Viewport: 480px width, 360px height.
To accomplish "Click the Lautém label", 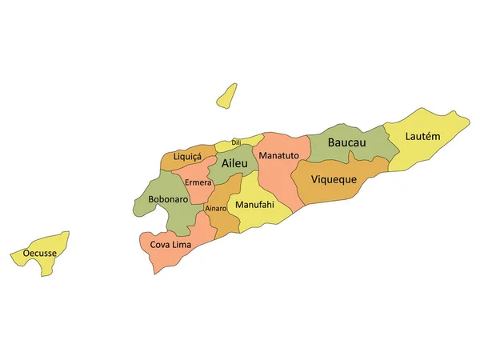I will [422, 136].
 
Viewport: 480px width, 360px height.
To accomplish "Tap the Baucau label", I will [346, 142].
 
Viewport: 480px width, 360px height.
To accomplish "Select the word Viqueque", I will [333, 179].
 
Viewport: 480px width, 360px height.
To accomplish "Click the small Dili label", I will [236, 142].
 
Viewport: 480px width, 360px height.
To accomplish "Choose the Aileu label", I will [234, 163].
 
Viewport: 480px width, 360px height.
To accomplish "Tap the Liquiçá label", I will [187, 157].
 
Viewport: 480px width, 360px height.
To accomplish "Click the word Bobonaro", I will [168, 199].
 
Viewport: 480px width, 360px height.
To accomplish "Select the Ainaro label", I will [216, 209].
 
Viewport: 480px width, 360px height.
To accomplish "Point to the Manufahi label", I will [254, 205].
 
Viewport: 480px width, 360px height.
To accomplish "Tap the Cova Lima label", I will [170, 243].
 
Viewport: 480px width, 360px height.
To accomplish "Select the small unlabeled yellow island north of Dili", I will [226, 95].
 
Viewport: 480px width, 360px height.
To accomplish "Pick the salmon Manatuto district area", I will [280, 180].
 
